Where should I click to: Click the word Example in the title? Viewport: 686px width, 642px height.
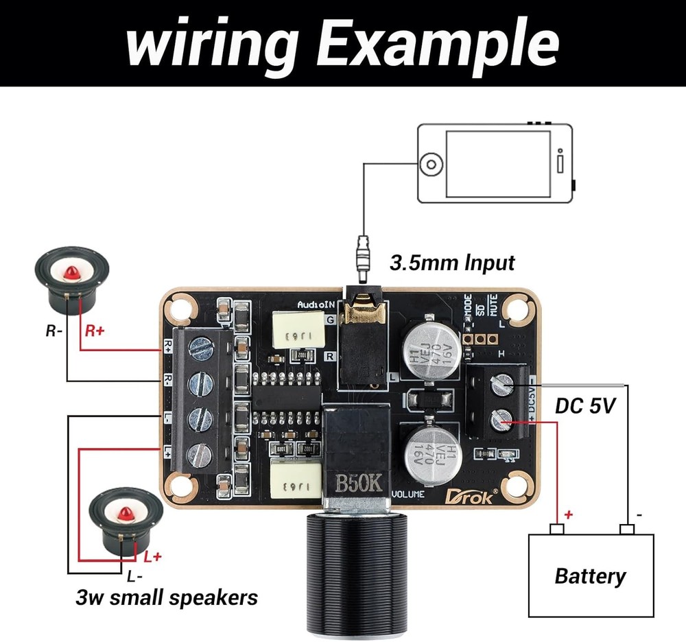pos(439,43)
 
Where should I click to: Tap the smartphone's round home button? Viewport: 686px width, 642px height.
pos(431,165)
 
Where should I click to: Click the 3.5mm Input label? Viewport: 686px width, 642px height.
pos(453,262)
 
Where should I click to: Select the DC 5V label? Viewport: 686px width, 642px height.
pos(585,406)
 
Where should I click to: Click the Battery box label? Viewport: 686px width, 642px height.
pos(590,575)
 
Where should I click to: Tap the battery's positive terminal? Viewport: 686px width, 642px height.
pos(557,528)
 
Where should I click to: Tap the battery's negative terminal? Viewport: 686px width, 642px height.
pos(626,528)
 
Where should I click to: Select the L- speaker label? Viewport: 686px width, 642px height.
pos(134,575)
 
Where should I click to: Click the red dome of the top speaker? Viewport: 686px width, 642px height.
pos(71,274)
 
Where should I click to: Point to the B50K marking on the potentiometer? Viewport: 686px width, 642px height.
pos(358,482)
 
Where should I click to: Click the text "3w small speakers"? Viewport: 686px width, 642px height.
pos(166,597)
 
